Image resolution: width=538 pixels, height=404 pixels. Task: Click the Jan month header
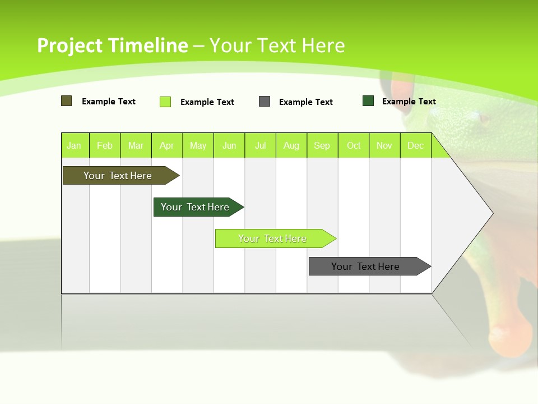pos(75,145)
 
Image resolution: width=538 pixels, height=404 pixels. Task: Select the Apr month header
pos(167,145)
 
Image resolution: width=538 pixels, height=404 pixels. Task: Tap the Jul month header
pos(260,145)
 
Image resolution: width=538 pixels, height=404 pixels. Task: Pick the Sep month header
pos(322,145)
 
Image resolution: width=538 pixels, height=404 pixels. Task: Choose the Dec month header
pos(415,145)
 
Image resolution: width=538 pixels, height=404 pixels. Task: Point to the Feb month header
pos(105,145)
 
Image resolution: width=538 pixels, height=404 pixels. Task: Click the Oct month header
pos(354,145)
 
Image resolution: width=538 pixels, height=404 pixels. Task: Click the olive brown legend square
pos(66,101)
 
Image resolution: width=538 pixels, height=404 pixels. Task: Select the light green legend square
pos(165,102)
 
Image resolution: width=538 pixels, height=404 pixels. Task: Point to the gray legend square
pos(265,102)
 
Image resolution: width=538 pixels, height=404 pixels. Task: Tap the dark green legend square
pos(368,101)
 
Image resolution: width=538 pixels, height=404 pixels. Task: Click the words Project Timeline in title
pos(112,45)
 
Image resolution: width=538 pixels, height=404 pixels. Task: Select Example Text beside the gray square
pos(305,102)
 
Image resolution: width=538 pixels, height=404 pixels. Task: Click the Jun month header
pos(229,145)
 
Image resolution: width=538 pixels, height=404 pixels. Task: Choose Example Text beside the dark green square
pos(409,102)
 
